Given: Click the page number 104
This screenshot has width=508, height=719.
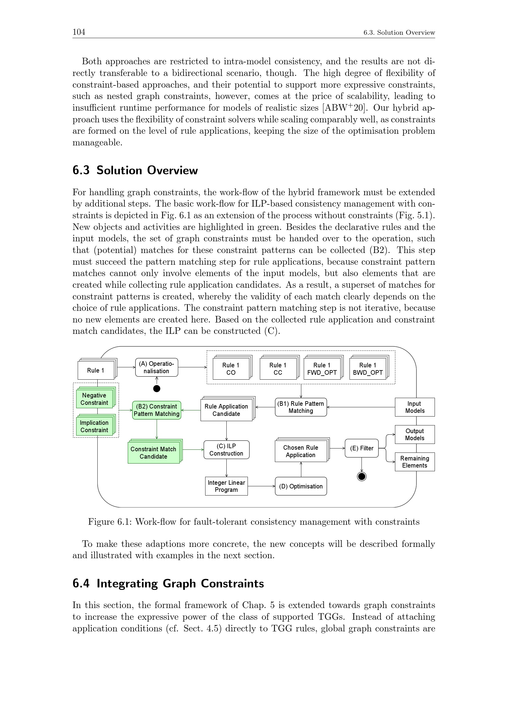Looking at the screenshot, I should point(79,32).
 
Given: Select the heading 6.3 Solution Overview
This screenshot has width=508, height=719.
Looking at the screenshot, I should point(135,170).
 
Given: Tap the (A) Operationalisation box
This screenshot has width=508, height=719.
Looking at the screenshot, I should point(156,367).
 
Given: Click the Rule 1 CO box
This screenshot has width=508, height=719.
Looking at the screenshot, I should point(231,369).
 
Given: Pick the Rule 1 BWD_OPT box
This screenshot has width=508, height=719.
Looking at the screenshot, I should point(368,369).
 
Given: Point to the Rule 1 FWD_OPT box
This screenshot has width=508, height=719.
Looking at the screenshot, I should point(322,369).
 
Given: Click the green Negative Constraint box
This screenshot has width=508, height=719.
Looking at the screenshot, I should point(94,399).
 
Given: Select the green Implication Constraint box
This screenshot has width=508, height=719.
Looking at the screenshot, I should point(94,426).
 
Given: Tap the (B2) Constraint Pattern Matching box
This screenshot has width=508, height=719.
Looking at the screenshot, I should point(156,410).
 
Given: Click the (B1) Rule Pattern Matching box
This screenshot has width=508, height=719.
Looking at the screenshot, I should point(301,407).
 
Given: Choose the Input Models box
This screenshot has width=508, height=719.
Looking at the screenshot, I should point(414,407).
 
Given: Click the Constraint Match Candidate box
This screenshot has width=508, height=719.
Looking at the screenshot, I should point(153,452).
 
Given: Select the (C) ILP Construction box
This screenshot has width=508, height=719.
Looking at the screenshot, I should point(226,450).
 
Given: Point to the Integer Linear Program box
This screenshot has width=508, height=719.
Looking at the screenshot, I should point(226,486).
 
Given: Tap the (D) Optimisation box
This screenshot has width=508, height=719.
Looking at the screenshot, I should point(301,486).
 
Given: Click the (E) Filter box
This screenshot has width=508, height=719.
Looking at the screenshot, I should point(361,448).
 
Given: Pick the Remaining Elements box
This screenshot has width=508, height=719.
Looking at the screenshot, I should point(414,462).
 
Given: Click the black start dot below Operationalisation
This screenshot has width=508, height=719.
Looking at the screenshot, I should point(157,389).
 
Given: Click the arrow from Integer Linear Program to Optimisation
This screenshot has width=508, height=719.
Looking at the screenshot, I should point(261,486).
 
